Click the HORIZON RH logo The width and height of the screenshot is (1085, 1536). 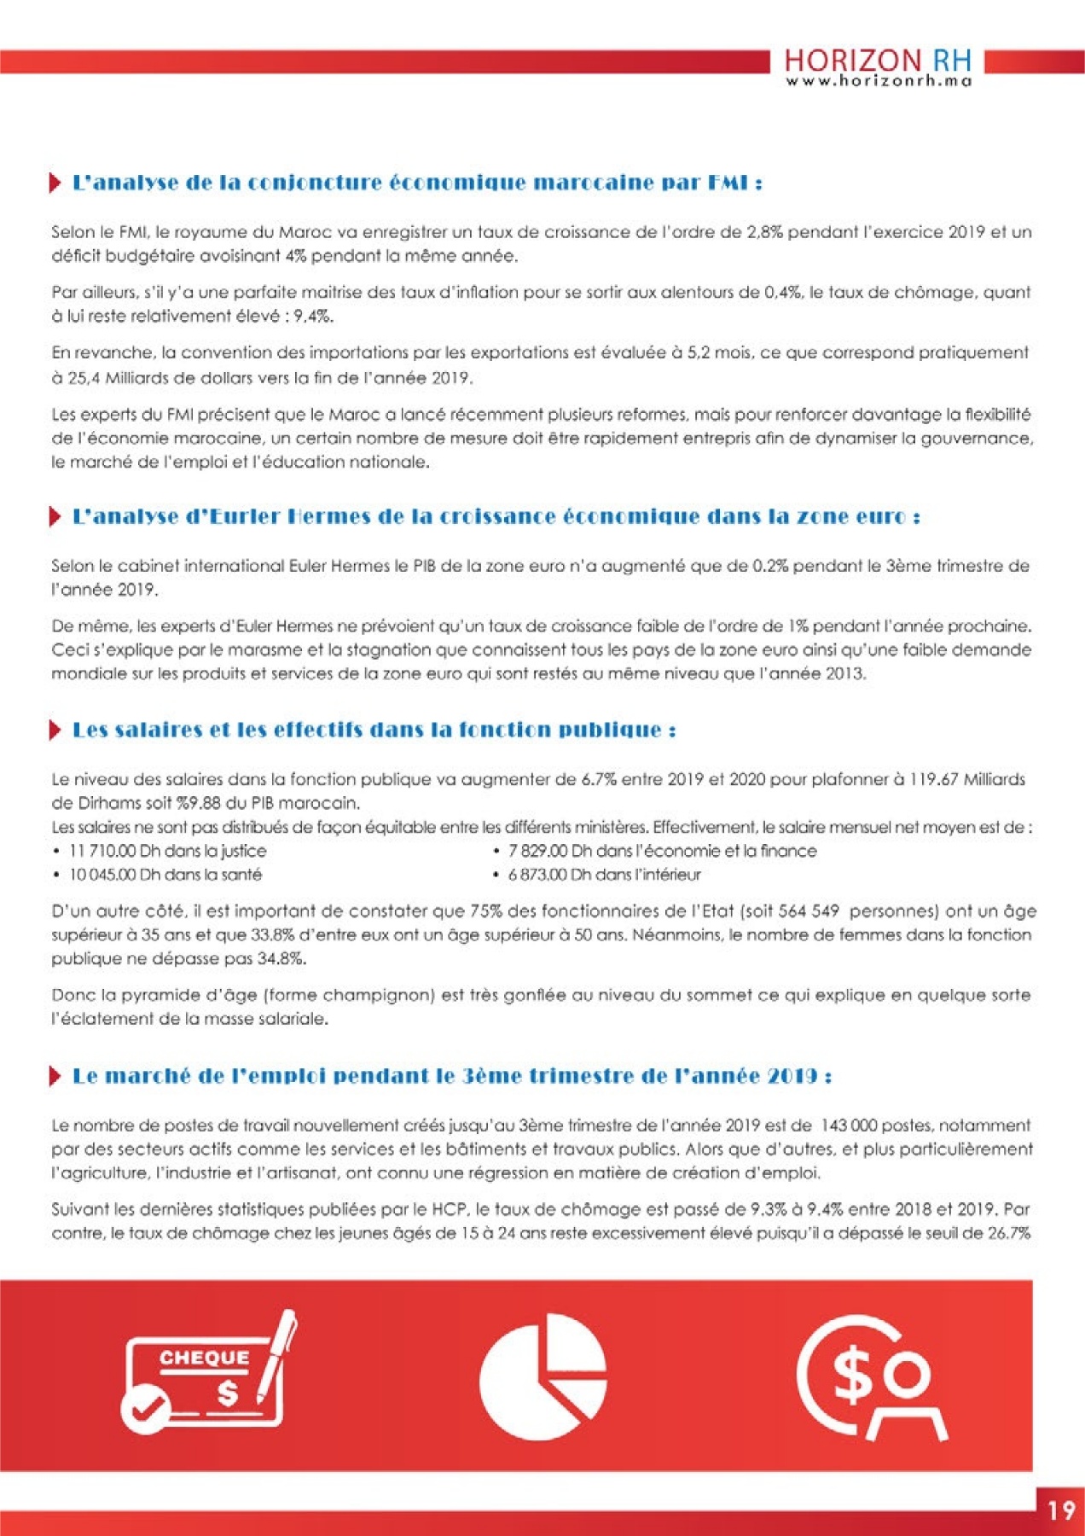click(877, 61)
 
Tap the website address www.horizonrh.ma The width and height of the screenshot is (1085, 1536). click(879, 81)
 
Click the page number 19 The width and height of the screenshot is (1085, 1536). click(1061, 1511)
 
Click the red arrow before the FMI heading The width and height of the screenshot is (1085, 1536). click(55, 183)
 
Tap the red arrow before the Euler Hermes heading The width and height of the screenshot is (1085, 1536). click(55, 516)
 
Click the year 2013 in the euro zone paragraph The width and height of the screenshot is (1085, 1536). click(844, 673)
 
